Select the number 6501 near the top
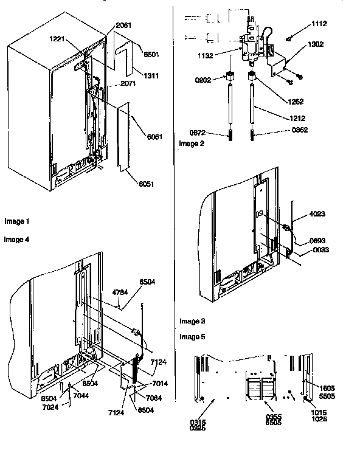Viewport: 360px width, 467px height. [151, 54]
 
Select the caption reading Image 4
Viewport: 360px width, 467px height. [16, 240]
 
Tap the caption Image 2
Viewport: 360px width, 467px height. [192, 144]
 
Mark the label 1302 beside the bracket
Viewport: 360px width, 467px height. [316, 44]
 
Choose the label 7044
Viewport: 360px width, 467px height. [80, 396]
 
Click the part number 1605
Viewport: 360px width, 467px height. [327, 388]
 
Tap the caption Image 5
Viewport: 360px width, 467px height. [192, 336]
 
